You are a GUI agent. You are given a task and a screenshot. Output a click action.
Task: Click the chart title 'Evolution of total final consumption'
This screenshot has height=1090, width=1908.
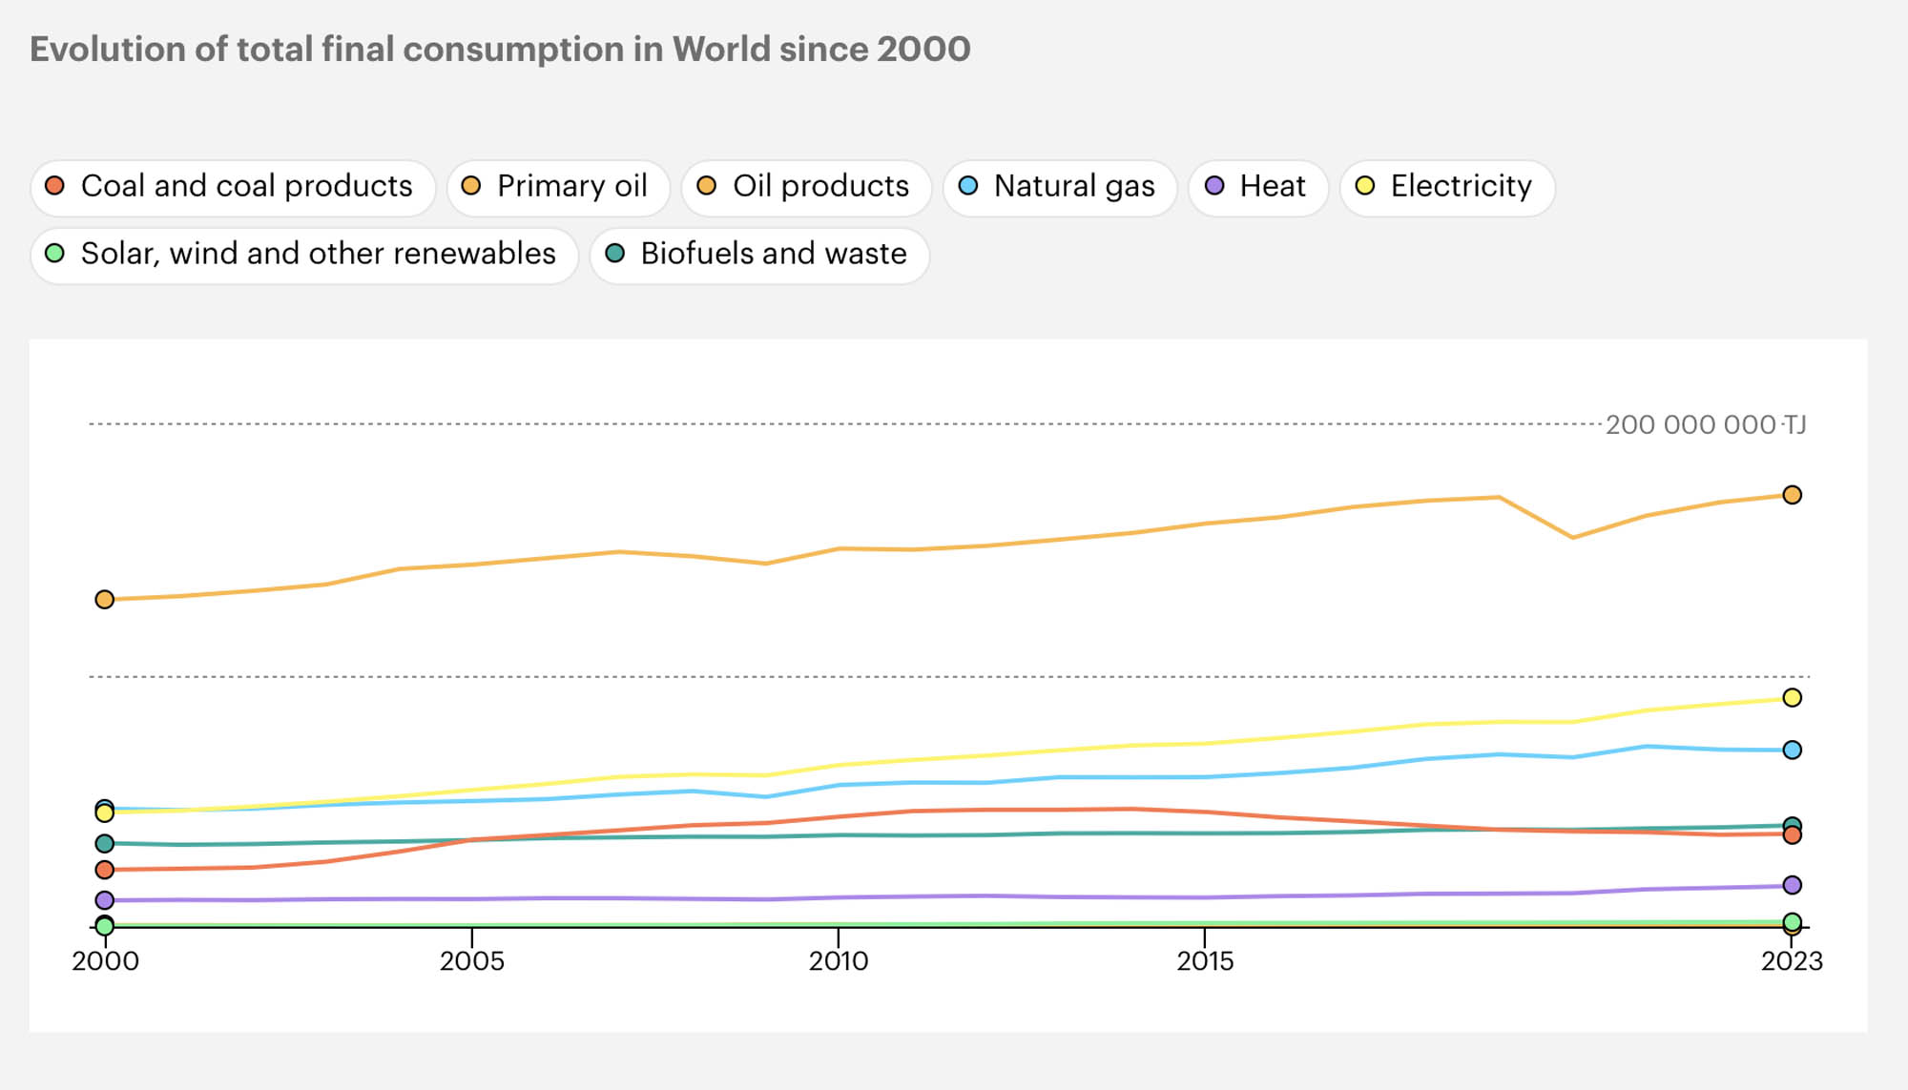(x=500, y=49)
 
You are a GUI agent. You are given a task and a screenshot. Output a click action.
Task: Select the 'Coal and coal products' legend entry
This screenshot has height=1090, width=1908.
(x=232, y=186)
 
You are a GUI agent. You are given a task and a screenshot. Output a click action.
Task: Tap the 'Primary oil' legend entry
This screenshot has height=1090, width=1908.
(x=557, y=186)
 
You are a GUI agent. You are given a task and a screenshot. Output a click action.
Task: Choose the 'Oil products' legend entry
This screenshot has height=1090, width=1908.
(x=805, y=186)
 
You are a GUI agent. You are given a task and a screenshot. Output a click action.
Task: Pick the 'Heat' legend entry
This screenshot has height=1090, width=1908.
(x=1257, y=186)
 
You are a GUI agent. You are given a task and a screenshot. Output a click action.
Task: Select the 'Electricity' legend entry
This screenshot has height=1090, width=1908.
(x=1446, y=186)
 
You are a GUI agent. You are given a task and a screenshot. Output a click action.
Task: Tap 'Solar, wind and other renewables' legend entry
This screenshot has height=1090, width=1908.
(x=303, y=254)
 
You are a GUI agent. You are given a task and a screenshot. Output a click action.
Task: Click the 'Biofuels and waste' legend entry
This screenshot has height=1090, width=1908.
(x=758, y=254)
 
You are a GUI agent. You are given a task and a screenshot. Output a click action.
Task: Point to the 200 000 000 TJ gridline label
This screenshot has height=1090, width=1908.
(x=1705, y=424)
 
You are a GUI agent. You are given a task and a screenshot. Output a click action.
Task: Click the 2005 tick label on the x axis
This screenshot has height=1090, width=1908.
(x=471, y=960)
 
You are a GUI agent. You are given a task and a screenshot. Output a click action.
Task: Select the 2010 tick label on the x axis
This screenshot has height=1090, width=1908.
(x=839, y=960)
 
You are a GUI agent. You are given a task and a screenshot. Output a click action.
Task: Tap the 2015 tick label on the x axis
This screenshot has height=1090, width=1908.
(x=1205, y=960)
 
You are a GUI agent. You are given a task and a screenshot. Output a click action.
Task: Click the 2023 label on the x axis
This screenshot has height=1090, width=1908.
(x=1792, y=960)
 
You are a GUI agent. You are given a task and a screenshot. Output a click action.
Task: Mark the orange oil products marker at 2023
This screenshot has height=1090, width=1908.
(x=1792, y=494)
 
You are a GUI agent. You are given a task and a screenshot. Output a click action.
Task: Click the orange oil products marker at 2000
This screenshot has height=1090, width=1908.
(x=105, y=599)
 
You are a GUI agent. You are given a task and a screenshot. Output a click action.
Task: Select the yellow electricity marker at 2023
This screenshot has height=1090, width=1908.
(x=1792, y=697)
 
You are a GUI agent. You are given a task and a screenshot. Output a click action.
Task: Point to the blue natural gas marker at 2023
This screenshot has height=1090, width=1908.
(x=1792, y=750)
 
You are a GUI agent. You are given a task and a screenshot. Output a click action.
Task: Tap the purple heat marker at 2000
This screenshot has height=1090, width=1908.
(x=105, y=899)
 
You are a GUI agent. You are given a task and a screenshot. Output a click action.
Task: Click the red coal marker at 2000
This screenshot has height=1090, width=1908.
(x=105, y=869)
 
